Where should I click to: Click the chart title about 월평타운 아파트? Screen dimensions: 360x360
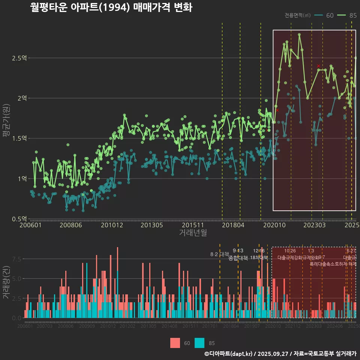tap(111, 7)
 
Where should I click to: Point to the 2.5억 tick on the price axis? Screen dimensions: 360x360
tap(19, 58)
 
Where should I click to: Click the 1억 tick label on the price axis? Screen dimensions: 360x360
tap(22, 178)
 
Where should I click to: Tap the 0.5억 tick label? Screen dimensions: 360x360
tap(19, 219)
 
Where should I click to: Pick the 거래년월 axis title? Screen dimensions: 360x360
tap(193, 232)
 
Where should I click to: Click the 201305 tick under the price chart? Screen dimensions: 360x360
tap(151, 225)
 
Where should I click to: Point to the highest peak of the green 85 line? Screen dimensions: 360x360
tap(299, 34)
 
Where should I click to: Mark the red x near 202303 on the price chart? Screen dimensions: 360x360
tap(318, 66)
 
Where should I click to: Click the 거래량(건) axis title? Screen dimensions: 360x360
tap(6, 283)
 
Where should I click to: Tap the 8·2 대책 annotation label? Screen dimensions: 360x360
tap(220, 254)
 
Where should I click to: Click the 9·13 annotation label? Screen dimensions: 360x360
tap(238, 250)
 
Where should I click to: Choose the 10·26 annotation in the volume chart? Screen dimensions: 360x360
tap(290, 250)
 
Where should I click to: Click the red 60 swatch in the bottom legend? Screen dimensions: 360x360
tap(175, 343)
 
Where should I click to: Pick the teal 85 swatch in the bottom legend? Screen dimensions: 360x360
tap(200, 343)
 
